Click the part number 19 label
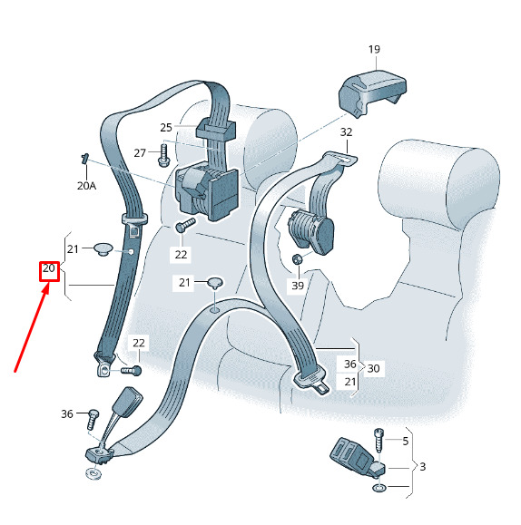pyautogui.click(x=374, y=49)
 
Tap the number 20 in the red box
pyautogui.click(x=49, y=268)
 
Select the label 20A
pyautogui.click(x=86, y=186)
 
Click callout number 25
pyautogui.click(x=166, y=128)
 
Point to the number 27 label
pyautogui.click(x=140, y=153)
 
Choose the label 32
pyautogui.click(x=347, y=131)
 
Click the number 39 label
pyautogui.click(x=298, y=286)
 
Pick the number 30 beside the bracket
pyautogui.click(x=373, y=369)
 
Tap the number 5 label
pyautogui.click(x=406, y=442)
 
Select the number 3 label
pyautogui.click(x=423, y=466)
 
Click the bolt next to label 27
pyautogui.click(x=164, y=155)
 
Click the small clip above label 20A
pyautogui.click(x=84, y=158)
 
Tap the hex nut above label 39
pyautogui.click(x=297, y=259)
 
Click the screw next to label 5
pyautogui.click(x=378, y=441)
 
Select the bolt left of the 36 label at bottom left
pyautogui.click(x=93, y=419)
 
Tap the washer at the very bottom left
pyautogui.click(x=94, y=474)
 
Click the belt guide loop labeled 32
pyautogui.click(x=339, y=159)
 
